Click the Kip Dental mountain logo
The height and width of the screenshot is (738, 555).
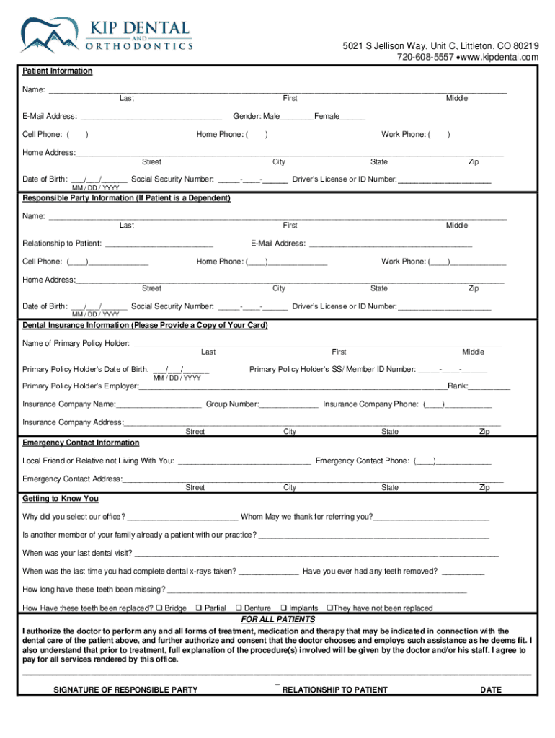(x=50, y=35)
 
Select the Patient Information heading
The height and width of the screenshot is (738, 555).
(x=58, y=71)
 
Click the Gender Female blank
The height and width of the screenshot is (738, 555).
(x=352, y=117)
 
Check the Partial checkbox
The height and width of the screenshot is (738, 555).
(x=199, y=608)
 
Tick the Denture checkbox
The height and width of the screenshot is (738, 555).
(x=239, y=608)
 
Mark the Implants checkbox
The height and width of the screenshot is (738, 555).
(x=283, y=608)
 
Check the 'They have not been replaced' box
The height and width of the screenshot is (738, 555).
(x=329, y=608)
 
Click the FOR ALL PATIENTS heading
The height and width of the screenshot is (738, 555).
(x=277, y=620)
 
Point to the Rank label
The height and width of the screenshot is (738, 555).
(x=457, y=386)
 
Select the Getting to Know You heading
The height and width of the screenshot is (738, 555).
(x=61, y=499)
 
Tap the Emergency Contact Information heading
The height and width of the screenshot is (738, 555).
(x=81, y=443)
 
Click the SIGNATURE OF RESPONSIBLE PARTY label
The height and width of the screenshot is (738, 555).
(x=125, y=690)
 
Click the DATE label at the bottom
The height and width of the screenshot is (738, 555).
(x=490, y=690)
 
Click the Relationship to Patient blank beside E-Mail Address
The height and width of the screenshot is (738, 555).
(x=159, y=244)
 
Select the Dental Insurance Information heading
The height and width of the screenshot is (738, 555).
(x=145, y=325)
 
